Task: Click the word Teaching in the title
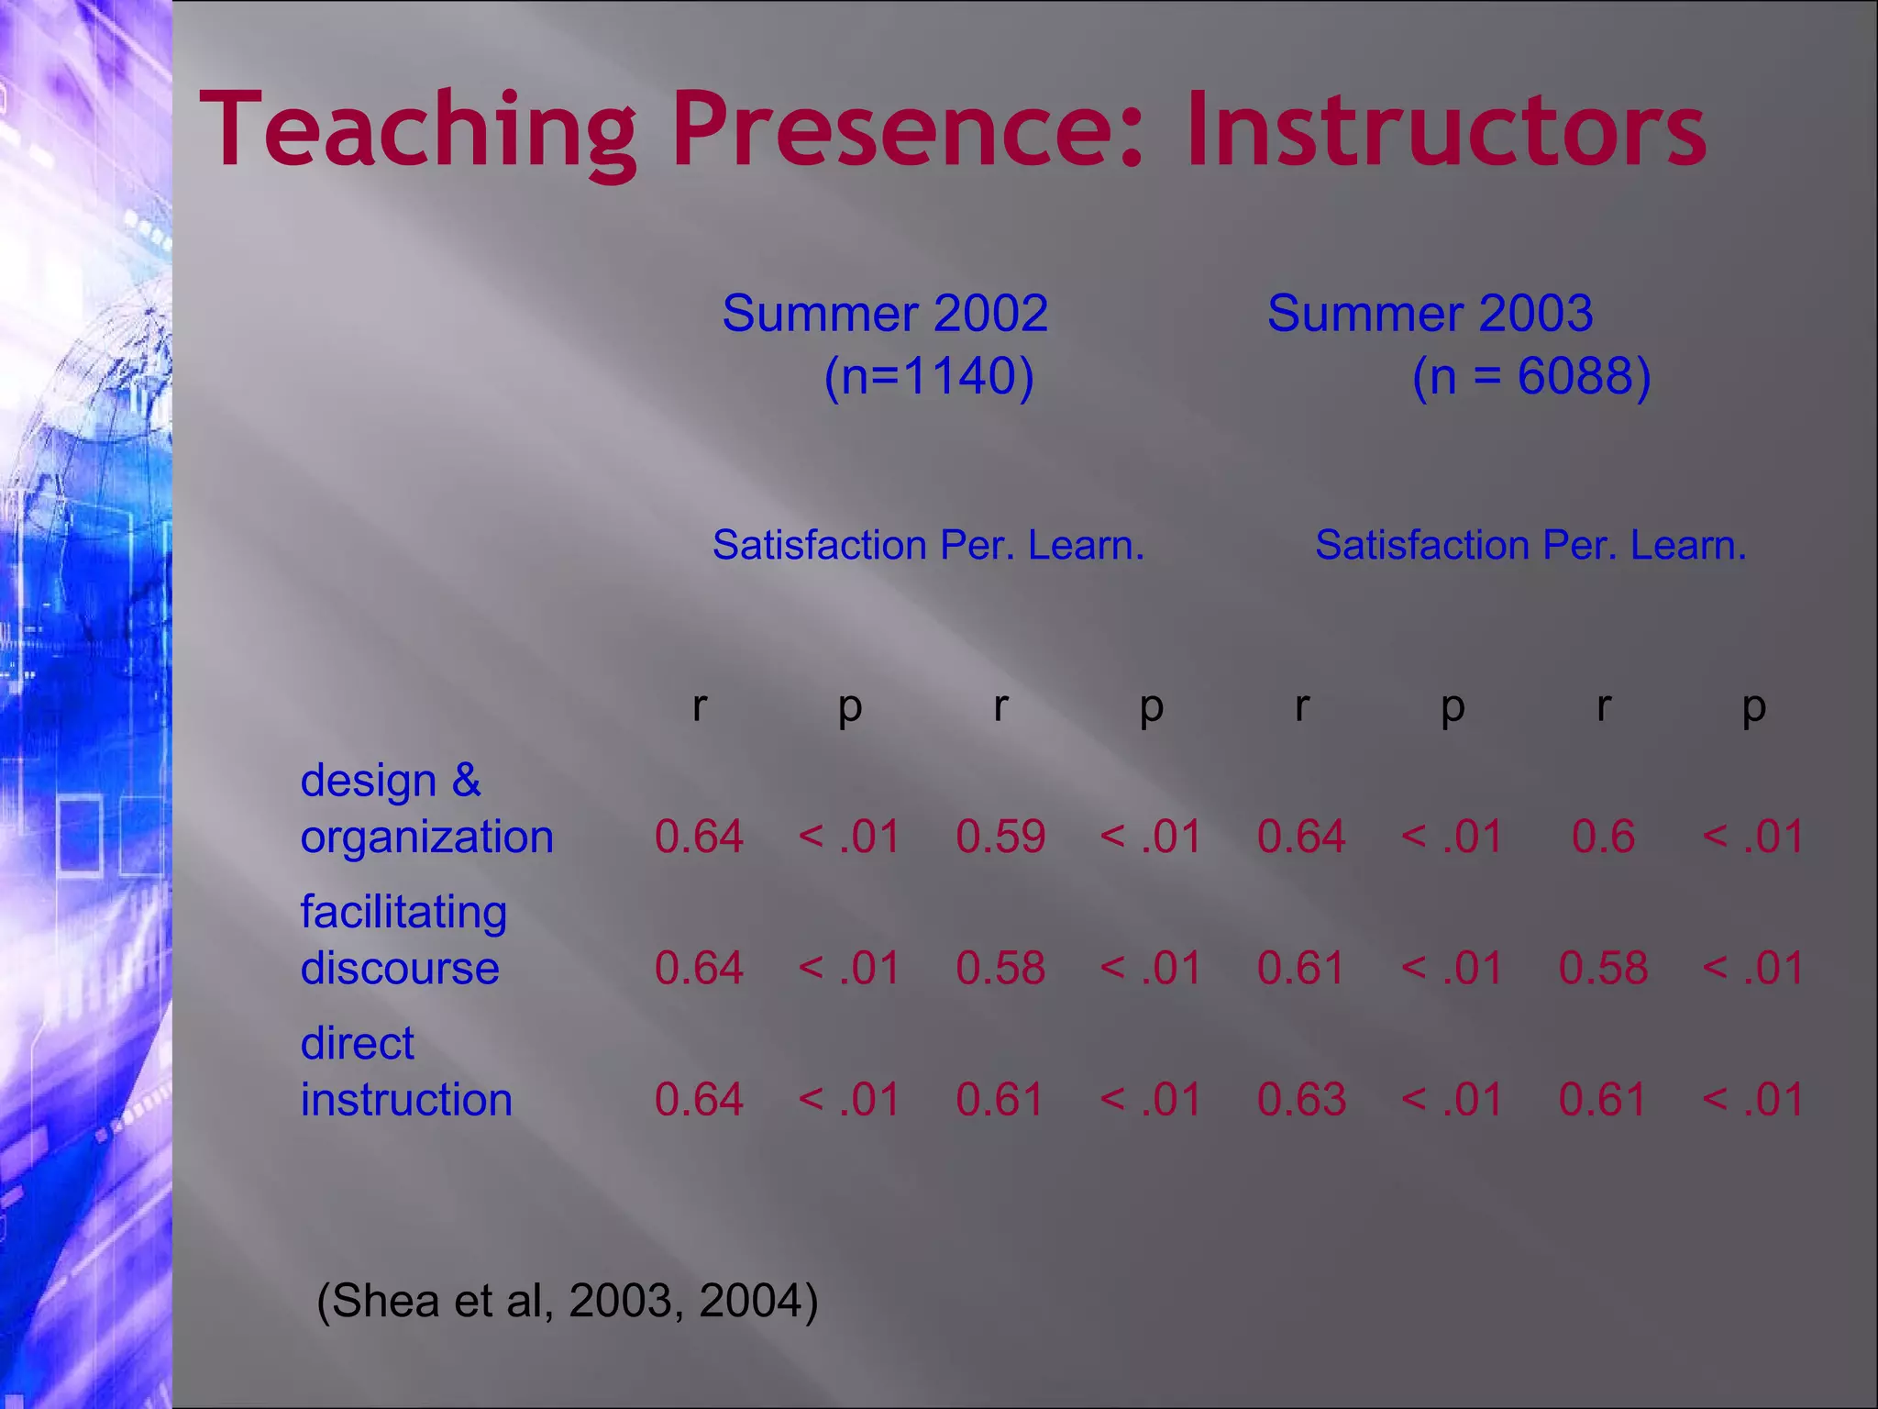(417, 130)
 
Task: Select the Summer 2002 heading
(884, 314)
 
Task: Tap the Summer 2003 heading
(1430, 314)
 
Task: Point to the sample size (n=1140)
(929, 376)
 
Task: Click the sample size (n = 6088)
(1531, 376)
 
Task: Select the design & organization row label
(426, 808)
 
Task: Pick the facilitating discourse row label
(403, 939)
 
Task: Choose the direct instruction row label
(405, 1071)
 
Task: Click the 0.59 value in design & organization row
(1000, 837)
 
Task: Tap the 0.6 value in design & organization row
(1603, 837)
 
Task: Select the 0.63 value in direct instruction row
(1301, 1099)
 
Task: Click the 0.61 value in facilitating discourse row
(1301, 968)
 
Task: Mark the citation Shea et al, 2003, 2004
(567, 1300)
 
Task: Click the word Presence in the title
(908, 130)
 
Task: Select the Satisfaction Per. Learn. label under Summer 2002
(928, 546)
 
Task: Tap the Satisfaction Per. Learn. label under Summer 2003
(1530, 546)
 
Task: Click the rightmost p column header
(1753, 706)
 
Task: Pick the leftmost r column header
(699, 706)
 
